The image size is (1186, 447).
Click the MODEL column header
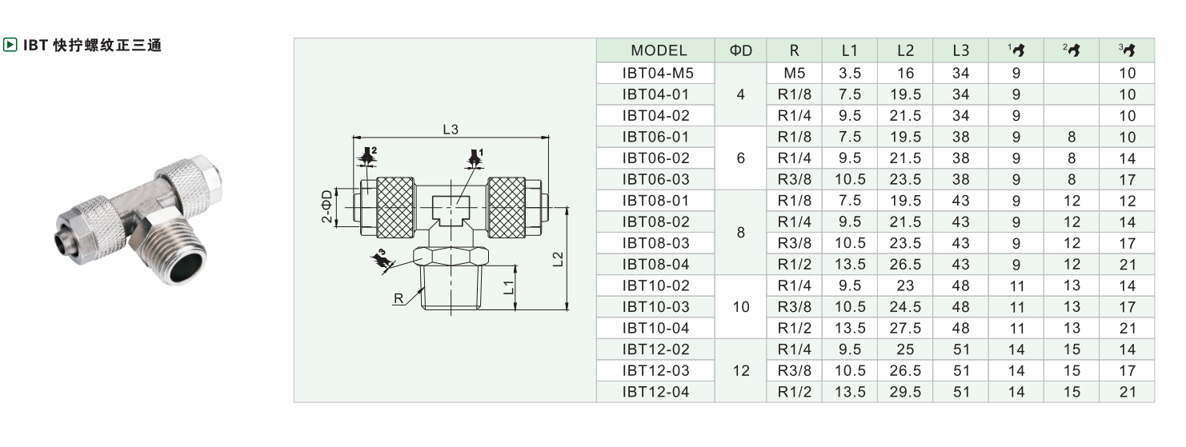pos(659,51)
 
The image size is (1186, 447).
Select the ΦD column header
pos(741,51)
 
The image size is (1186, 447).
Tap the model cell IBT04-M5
pos(658,73)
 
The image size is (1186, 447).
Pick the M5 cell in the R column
pos(794,73)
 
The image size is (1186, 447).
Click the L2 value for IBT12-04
pos(905,392)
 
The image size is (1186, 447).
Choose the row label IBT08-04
pos(655,265)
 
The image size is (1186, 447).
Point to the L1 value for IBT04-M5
pos(850,73)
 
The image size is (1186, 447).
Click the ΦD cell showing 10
pos(741,307)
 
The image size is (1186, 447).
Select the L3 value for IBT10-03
pos(960,307)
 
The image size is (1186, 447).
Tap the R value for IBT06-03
pos(794,179)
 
